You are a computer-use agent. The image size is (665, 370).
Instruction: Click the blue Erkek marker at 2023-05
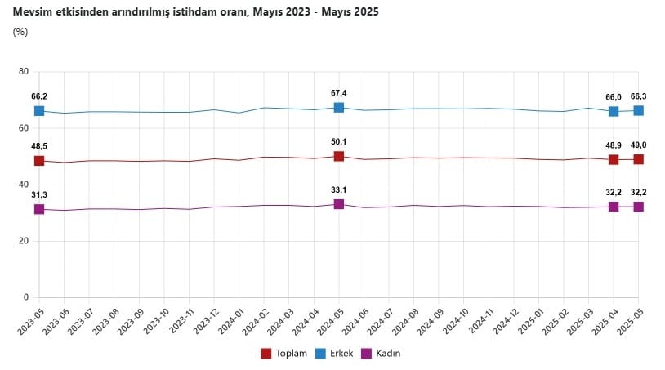[x=39, y=111]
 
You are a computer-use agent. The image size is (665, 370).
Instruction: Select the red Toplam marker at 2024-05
[x=338, y=156]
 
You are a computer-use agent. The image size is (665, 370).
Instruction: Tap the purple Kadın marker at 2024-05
[x=338, y=204]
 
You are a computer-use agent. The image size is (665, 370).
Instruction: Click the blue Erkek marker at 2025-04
[x=614, y=111]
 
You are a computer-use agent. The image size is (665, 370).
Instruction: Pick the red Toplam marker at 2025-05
[x=638, y=159]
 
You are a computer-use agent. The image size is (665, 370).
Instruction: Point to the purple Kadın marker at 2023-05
[x=39, y=209]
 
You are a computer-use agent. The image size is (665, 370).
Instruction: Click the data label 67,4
[x=338, y=93]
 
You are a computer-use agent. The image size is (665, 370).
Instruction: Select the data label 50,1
[x=338, y=141]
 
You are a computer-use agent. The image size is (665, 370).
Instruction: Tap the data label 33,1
[x=338, y=189]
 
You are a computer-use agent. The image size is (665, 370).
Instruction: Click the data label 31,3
[x=38, y=194]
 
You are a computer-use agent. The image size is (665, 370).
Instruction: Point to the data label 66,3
[x=638, y=96]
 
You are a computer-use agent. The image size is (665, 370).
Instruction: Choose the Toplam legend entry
[x=283, y=353]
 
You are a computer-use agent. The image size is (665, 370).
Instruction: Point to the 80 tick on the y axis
[x=24, y=72]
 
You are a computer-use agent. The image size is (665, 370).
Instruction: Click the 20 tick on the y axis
[x=24, y=241]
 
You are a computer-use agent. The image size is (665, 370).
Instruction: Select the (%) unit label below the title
[x=20, y=32]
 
